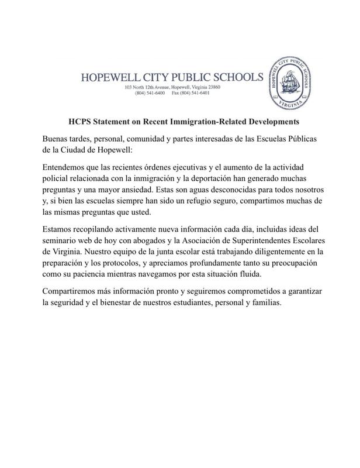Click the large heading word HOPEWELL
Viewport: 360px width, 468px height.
tap(104, 77)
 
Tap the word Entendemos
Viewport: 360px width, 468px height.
tap(69, 168)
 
